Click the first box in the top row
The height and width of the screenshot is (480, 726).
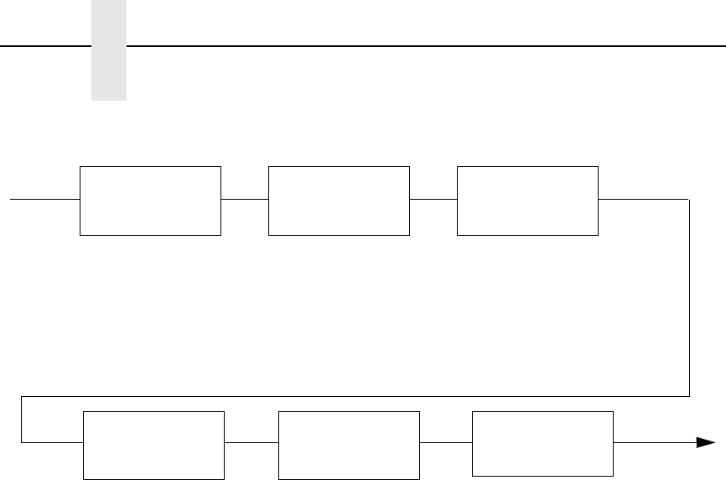tap(150, 201)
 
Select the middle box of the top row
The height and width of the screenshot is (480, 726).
tap(339, 201)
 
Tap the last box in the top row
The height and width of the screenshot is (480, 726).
tap(527, 201)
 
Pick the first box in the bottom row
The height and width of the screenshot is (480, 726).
tap(154, 446)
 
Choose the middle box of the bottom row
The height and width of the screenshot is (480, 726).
tap(348, 446)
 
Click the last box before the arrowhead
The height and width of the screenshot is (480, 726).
tap(542, 443)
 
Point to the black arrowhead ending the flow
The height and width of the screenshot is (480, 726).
tap(706, 443)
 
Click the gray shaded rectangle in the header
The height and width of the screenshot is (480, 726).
tap(108, 50)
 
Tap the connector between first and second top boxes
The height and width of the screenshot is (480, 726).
tap(245, 200)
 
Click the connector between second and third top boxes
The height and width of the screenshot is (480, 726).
tap(433, 200)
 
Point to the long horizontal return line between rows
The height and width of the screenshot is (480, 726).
tap(352, 394)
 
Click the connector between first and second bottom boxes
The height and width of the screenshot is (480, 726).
tap(251, 441)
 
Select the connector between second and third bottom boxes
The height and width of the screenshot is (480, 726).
tap(445, 441)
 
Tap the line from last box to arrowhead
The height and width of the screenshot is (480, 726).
tap(654, 441)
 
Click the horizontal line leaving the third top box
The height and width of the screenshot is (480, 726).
tap(644, 200)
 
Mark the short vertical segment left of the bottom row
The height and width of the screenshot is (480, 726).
tap(21, 418)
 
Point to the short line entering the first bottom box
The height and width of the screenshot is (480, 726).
tap(53, 441)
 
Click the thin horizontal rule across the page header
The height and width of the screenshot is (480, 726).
tap(419, 45)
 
